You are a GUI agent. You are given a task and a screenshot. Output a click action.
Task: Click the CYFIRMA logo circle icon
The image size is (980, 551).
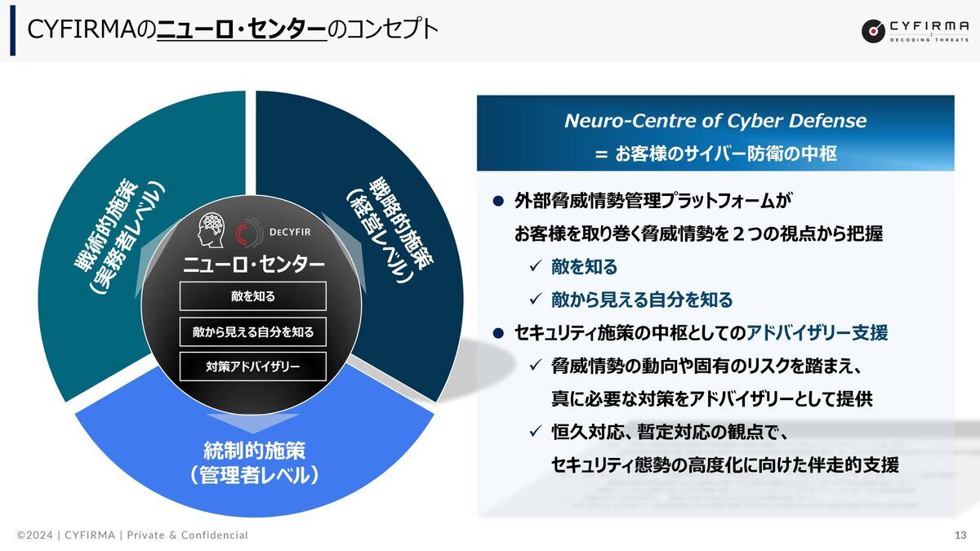pyautogui.click(x=873, y=31)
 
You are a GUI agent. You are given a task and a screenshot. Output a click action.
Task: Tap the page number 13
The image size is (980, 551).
pyautogui.click(x=960, y=535)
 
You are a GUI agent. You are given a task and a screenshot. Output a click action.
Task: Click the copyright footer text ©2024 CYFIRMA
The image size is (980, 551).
pyautogui.click(x=65, y=535)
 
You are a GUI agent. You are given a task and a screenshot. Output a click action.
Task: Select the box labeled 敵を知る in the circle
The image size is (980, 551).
pyautogui.click(x=253, y=296)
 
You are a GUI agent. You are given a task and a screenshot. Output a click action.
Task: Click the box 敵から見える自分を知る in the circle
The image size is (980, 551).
pyautogui.click(x=253, y=332)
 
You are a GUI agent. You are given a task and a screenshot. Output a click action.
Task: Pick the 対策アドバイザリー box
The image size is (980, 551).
pyautogui.click(x=253, y=367)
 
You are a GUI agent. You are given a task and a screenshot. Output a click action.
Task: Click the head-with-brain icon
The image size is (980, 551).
pyautogui.click(x=211, y=230)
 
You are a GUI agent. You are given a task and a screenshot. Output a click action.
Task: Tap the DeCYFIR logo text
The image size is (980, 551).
pyautogui.click(x=290, y=232)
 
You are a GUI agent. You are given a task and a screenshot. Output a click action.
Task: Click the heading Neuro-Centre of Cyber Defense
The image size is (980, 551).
pyautogui.click(x=715, y=121)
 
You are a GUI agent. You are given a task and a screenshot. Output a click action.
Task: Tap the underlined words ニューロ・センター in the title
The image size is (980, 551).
pyautogui.click(x=242, y=29)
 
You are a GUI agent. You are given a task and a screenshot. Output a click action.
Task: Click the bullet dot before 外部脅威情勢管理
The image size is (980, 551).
pyautogui.click(x=498, y=201)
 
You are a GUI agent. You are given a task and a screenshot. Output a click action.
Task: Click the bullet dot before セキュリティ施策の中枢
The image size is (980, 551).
pyautogui.click(x=498, y=333)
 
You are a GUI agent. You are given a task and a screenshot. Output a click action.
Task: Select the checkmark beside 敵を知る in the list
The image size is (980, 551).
pyautogui.click(x=536, y=266)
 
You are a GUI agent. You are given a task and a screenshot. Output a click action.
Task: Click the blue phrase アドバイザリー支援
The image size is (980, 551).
pyautogui.click(x=817, y=333)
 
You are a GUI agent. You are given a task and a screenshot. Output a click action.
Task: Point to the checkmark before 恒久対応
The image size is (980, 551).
pyautogui.click(x=536, y=431)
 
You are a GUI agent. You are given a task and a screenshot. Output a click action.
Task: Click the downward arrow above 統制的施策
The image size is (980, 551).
pyautogui.click(x=253, y=424)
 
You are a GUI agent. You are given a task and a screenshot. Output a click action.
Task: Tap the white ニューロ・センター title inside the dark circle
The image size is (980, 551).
pyautogui.click(x=254, y=264)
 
